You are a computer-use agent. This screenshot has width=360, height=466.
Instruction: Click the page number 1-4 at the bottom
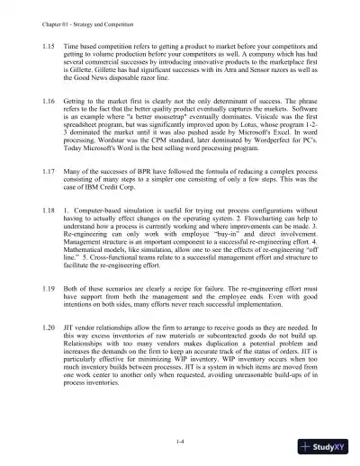pos(180,442)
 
